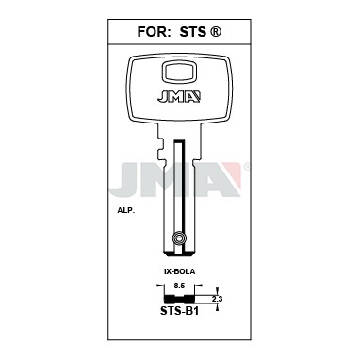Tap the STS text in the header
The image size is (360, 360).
193,32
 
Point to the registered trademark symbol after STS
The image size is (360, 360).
215,32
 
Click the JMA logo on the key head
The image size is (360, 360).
179,96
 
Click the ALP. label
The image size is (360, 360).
124,211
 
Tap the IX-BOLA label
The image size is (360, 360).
179,271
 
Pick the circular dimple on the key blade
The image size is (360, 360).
179,238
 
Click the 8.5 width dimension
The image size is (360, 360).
179,286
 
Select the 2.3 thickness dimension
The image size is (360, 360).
217,299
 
